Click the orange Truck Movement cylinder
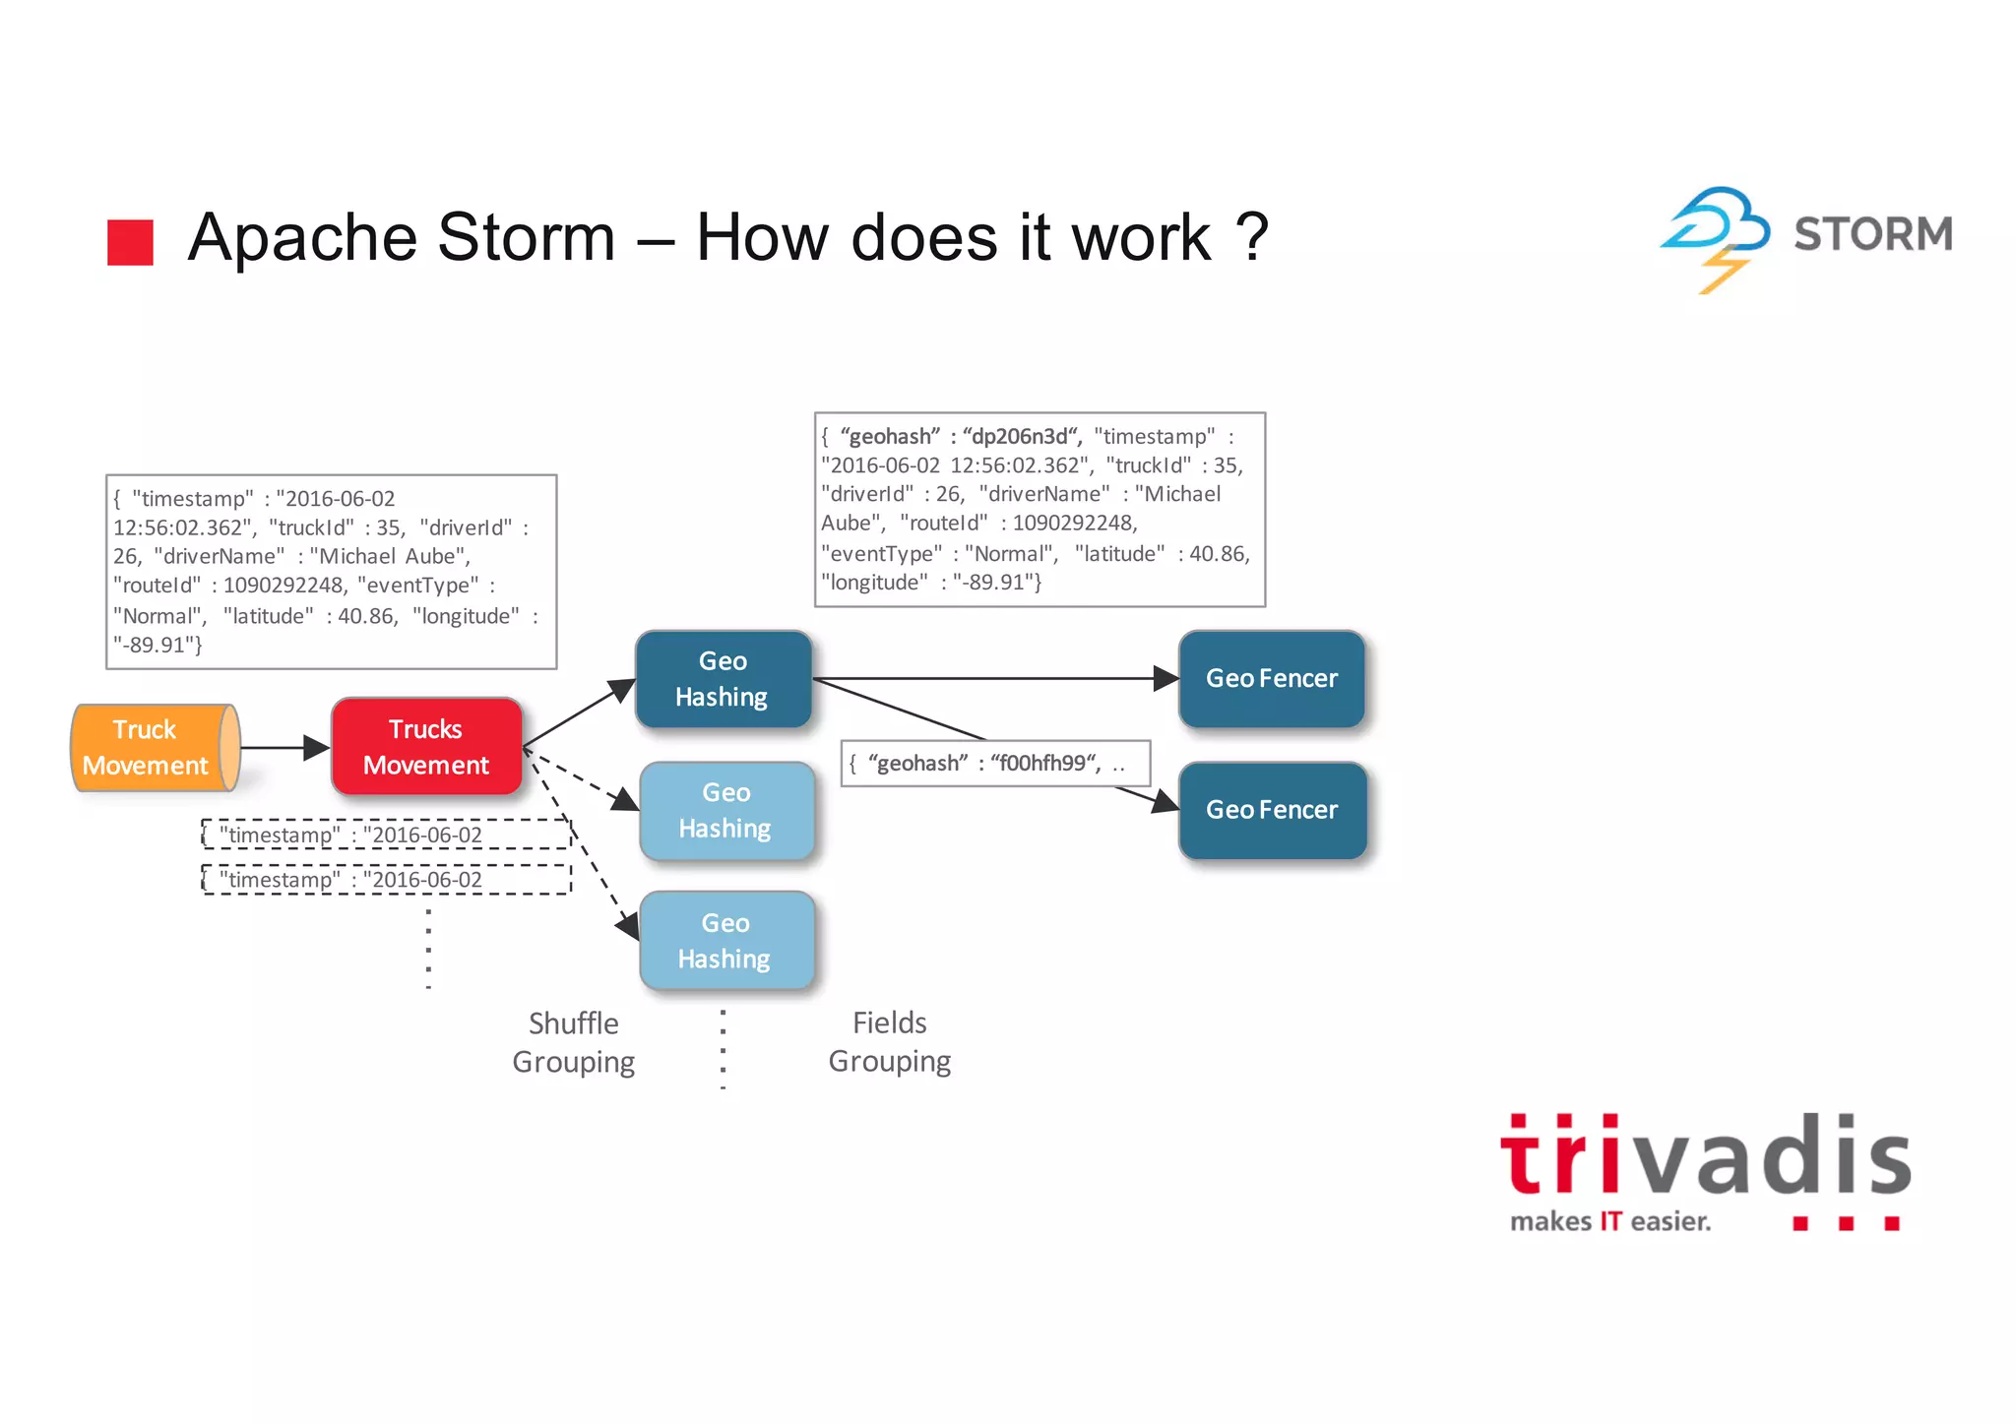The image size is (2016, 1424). click(x=153, y=748)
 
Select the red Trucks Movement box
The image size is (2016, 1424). click(x=426, y=747)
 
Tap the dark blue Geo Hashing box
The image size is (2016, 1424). click(x=724, y=679)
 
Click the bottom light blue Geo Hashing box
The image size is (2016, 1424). click(x=726, y=941)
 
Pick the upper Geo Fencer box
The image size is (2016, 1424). click(x=1272, y=679)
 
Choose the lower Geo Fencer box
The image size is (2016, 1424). click(x=1272, y=810)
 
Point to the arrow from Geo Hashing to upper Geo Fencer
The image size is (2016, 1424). click(x=994, y=678)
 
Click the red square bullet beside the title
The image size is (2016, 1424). click(x=130, y=242)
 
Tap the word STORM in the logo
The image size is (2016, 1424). click(x=1872, y=234)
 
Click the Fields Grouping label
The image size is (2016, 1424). click(x=890, y=1042)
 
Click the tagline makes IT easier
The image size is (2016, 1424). click(x=1610, y=1222)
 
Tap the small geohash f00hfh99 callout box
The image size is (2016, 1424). click(x=995, y=764)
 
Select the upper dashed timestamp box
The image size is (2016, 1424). click(x=386, y=835)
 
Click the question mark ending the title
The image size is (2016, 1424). click(x=1251, y=238)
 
